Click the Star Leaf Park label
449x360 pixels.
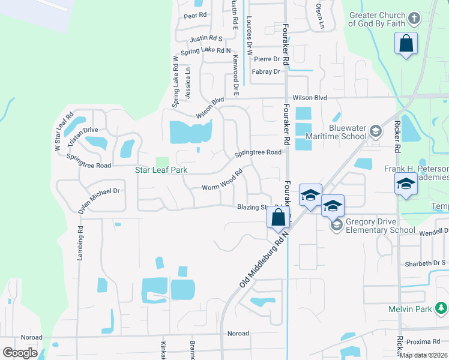161,170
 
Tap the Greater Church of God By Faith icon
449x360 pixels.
413,18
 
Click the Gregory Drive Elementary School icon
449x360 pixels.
336,225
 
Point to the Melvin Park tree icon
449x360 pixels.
442,308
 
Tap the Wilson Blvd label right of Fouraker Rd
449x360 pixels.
310,98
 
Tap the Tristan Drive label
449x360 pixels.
82,130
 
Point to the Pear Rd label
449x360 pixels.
195,16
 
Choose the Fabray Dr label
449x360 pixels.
267,72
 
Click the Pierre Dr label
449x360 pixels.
267,59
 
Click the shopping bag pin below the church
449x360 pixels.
406,44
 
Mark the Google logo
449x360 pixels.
20,353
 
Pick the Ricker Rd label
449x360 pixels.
397,139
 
